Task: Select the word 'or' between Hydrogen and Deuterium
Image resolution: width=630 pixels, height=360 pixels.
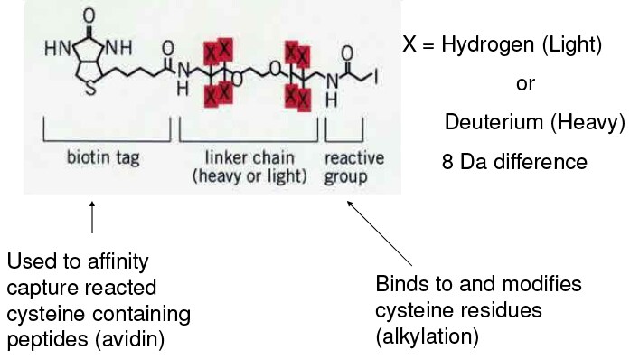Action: (524, 83)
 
